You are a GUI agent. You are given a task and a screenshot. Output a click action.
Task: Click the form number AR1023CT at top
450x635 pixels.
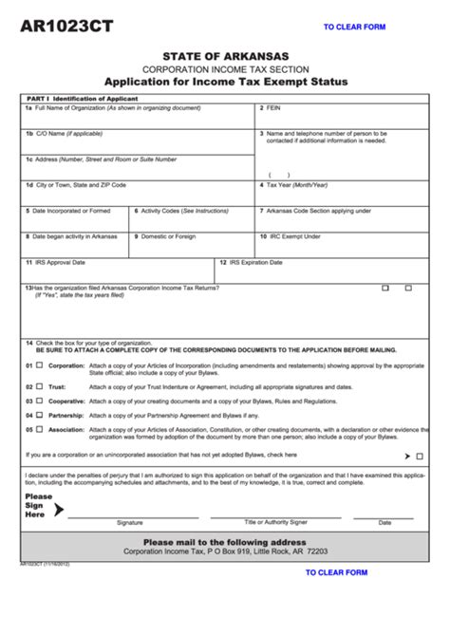(66, 27)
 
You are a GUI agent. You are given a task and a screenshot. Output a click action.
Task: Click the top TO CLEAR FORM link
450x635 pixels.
(354, 28)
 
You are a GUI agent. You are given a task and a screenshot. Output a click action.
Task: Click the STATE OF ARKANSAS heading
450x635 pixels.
(225, 57)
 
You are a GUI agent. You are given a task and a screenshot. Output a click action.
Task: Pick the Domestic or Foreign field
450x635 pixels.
(192, 245)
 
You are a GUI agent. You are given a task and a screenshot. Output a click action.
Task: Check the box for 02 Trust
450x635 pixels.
(40, 386)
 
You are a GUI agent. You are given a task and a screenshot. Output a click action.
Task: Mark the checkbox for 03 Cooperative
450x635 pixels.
(40, 401)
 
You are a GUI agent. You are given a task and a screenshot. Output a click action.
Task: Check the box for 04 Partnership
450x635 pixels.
(40, 415)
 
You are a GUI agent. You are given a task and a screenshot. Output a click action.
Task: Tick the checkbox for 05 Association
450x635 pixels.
(40, 429)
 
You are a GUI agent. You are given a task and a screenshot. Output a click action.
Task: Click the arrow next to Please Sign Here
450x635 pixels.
(59, 509)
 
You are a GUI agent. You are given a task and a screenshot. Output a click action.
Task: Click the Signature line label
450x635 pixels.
(130, 523)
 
